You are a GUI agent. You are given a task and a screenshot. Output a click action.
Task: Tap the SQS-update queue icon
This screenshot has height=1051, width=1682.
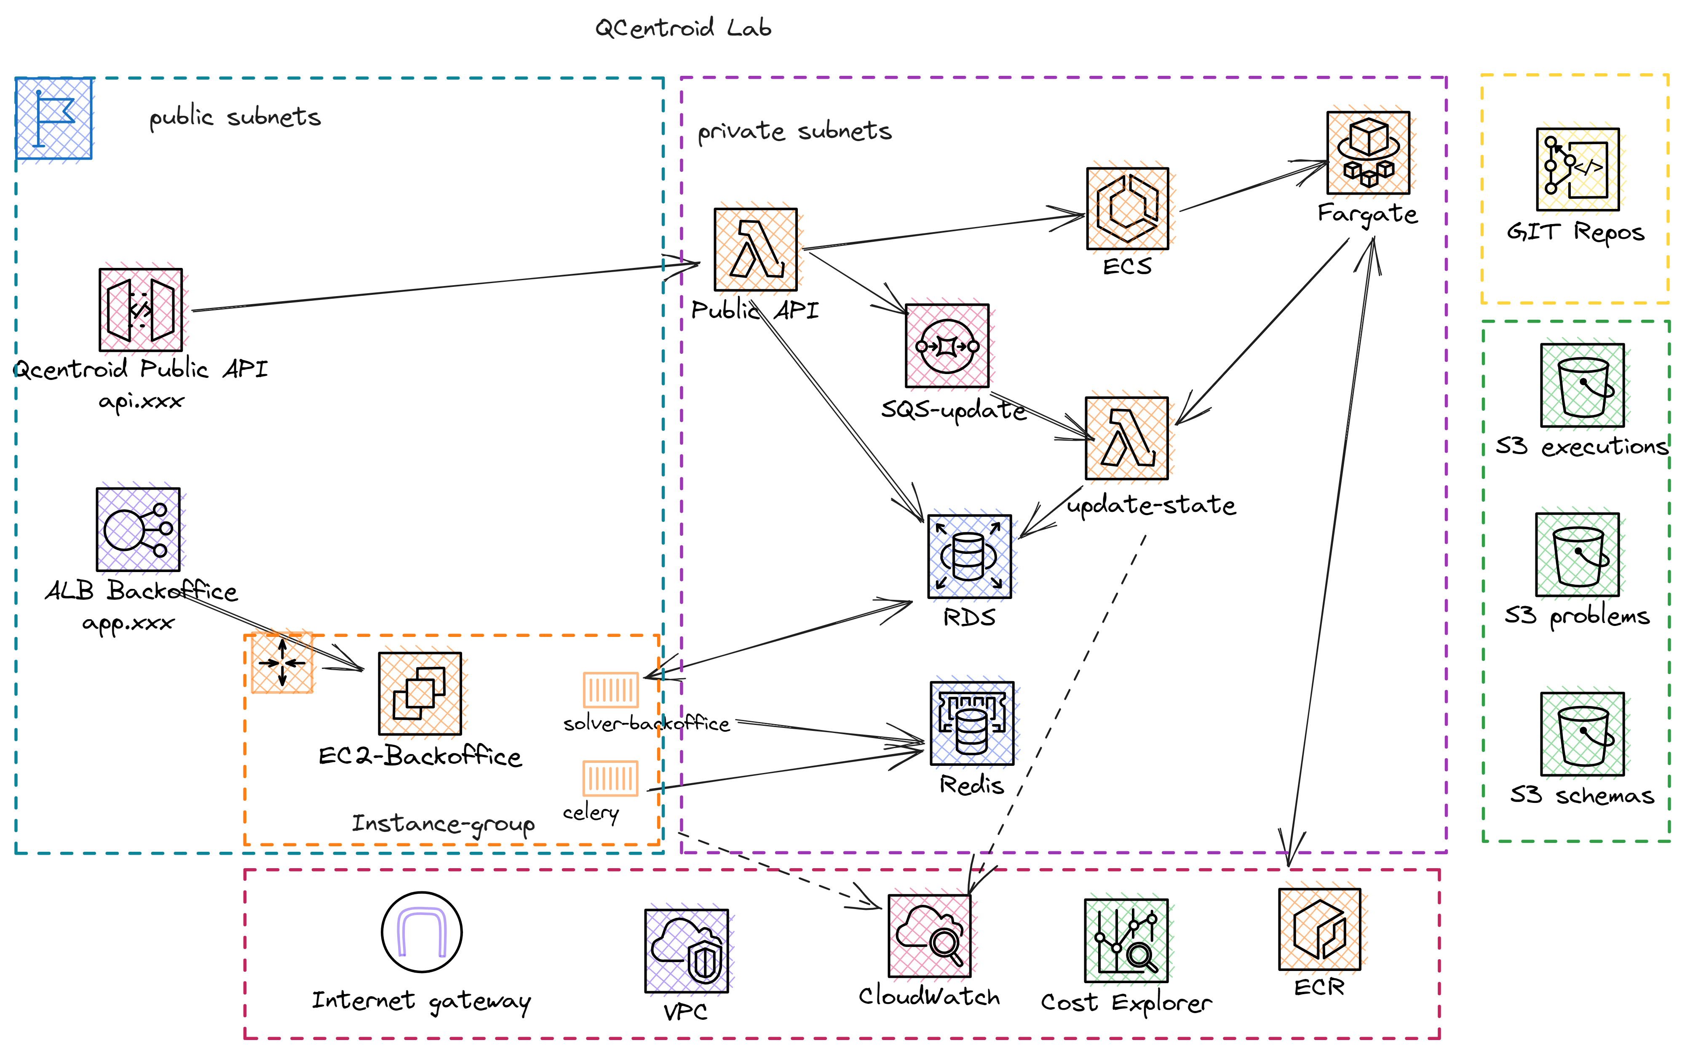click(947, 345)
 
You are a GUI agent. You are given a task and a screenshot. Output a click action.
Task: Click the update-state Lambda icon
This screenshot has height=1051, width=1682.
click(1126, 438)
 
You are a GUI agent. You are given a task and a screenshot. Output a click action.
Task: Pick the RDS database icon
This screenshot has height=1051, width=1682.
click(969, 556)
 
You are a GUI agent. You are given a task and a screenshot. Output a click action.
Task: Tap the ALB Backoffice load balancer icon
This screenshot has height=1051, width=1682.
click(138, 529)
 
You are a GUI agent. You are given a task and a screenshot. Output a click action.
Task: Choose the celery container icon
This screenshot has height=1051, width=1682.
click(610, 778)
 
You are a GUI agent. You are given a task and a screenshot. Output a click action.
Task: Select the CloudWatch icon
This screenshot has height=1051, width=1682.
click(929, 936)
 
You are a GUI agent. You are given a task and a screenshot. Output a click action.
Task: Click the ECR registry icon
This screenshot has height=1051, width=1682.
click(1318, 929)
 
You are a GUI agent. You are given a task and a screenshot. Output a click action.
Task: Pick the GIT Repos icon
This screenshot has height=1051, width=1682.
click(1577, 169)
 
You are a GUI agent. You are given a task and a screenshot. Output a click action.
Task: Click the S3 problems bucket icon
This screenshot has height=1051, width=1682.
click(1577, 554)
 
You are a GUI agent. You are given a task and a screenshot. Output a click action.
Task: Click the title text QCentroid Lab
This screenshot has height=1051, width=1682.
click(682, 28)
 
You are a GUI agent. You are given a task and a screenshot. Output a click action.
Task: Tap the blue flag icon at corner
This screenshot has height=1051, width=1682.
click(53, 118)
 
